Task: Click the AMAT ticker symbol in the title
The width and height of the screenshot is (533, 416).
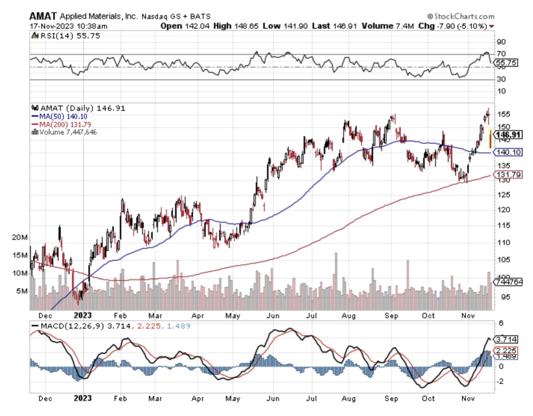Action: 43,16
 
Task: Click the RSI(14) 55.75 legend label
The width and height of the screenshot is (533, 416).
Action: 67,36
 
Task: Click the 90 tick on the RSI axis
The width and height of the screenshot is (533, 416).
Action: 501,41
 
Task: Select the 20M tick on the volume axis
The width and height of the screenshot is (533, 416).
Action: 20,237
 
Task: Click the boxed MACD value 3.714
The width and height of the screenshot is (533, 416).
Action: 506,339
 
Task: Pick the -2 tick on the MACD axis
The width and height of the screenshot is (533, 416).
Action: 501,381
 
